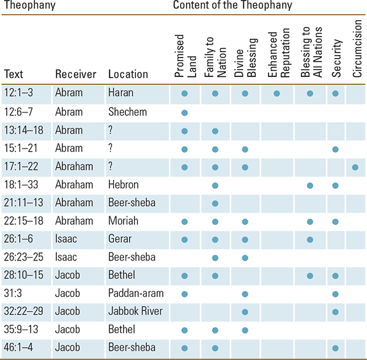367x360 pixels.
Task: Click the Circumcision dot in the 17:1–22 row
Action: click(355, 167)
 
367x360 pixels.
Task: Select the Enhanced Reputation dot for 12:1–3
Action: click(276, 94)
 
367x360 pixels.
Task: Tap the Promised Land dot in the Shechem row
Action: click(185, 112)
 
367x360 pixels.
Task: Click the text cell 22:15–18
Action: click(24, 221)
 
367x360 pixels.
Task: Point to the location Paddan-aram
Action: click(136, 293)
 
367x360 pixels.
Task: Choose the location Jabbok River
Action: click(135, 311)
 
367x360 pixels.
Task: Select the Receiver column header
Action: click(76, 74)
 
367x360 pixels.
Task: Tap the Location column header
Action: click(128, 74)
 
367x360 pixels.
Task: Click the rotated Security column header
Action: click(336, 58)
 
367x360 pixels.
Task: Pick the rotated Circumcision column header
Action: click(357, 48)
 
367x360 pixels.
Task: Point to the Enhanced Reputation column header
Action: click(278, 53)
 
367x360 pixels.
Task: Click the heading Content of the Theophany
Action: click(232, 5)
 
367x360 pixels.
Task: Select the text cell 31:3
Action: click(13, 293)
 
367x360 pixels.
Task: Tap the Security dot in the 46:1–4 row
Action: click(335, 348)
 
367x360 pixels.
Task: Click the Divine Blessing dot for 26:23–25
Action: click(245, 258)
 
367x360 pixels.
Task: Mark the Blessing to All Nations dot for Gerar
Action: click(310, 240)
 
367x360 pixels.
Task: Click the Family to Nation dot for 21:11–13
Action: click(215, 204)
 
